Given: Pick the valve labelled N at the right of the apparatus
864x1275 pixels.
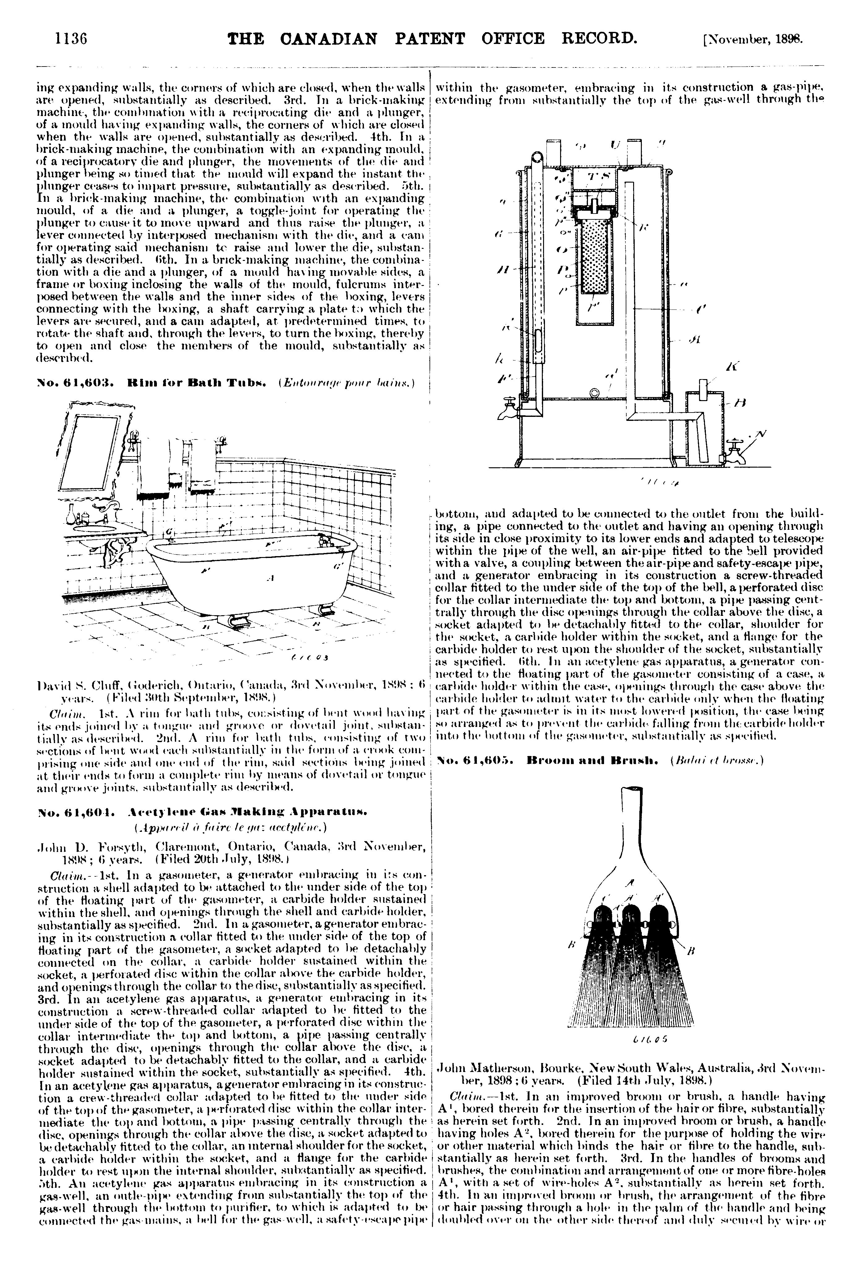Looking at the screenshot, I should click(x=735, y=450).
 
